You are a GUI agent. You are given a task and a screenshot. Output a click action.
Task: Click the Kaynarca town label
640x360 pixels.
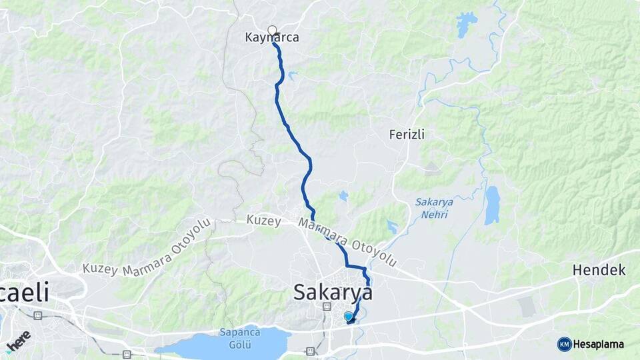(x=277, y=38)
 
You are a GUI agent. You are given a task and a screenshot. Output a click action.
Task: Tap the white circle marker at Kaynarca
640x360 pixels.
(x=272, y=29)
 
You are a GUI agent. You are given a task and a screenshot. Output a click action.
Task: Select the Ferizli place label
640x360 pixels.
(x=407, y=134)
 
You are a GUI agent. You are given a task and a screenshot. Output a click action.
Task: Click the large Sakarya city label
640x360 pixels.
(x=333, y=293)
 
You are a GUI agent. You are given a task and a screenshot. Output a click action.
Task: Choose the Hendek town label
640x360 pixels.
(x=599, y=270)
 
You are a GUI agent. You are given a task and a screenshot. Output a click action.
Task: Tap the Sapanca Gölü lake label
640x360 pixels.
(x=235, y=338)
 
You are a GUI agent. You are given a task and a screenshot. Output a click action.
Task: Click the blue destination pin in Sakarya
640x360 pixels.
(x=348, y=317)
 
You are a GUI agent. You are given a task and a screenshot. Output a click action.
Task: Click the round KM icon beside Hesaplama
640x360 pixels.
(x=564, y=344)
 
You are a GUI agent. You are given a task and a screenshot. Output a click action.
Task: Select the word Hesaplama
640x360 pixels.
(x=598, y=345)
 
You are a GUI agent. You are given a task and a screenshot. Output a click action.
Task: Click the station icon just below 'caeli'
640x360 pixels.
(x=38, y=314)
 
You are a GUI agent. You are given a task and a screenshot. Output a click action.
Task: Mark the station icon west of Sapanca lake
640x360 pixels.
(x=127, y=354)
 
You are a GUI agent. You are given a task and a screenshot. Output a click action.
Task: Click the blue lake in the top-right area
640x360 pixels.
(x=466, y=25)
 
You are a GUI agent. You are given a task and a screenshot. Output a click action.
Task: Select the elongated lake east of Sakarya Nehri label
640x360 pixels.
(x=492, y=205)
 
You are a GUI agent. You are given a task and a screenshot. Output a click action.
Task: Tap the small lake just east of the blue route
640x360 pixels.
(x=343, y=196)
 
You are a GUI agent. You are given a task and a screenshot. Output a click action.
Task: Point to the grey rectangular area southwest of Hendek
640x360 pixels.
(x=527, y=306)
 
